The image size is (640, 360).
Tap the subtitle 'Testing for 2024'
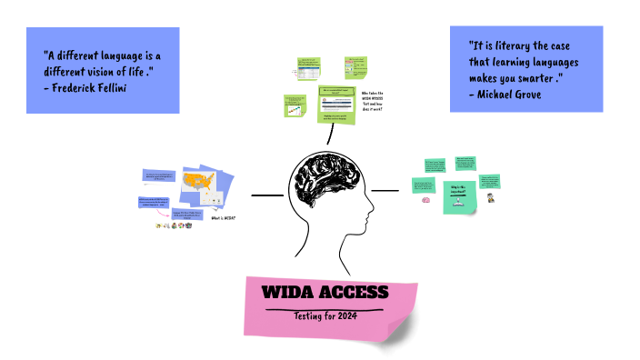click(325, 315)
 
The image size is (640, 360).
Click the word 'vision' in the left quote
click(112, 71)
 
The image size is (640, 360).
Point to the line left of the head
click(266, 195)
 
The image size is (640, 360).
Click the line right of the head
click(385, 190)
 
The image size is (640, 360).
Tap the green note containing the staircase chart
click(297, 106)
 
